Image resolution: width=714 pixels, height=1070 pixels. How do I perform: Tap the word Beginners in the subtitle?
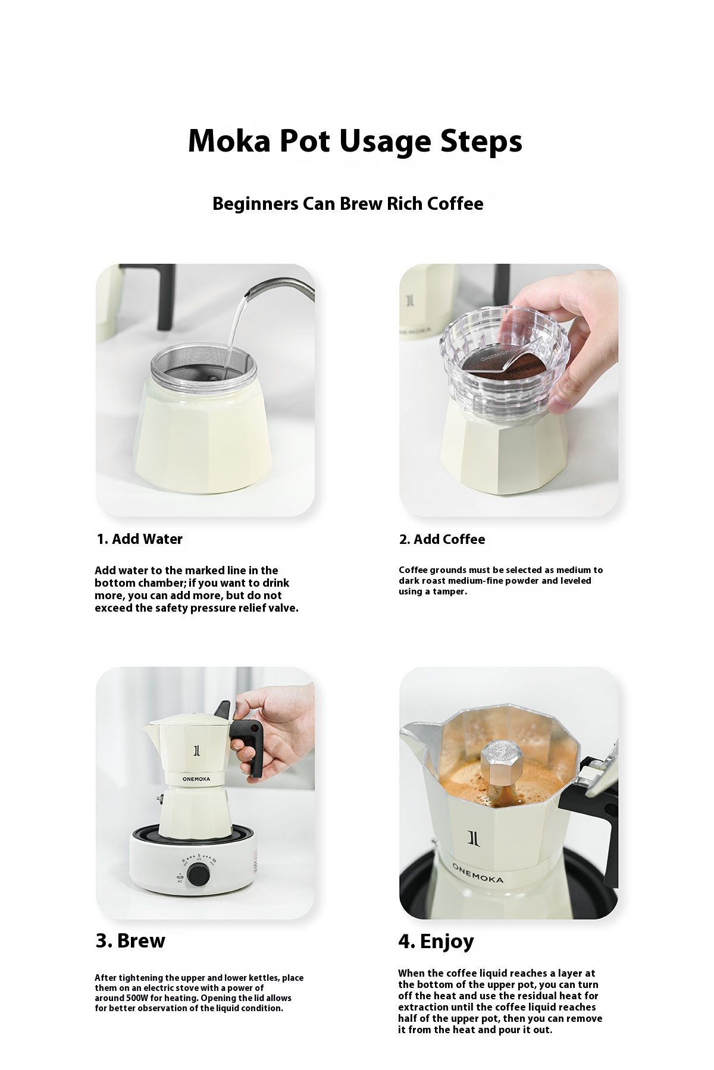point(255,204)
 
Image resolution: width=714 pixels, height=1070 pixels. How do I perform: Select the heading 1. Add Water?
point(140,539)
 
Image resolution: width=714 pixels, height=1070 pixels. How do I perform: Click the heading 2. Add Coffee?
point(442,539)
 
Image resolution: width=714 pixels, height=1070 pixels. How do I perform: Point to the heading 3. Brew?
point(130,941)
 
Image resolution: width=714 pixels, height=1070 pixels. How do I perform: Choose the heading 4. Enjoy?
point(436,942)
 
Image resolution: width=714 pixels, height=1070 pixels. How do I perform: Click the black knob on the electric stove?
point(196,874)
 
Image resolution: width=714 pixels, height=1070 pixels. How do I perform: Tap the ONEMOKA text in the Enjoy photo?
point(477,873)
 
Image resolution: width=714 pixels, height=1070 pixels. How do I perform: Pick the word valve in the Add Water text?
point(283,608)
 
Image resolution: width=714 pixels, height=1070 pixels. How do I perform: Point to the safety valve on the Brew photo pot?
point(159,798)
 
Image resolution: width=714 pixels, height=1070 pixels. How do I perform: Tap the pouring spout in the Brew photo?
point(154,737)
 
